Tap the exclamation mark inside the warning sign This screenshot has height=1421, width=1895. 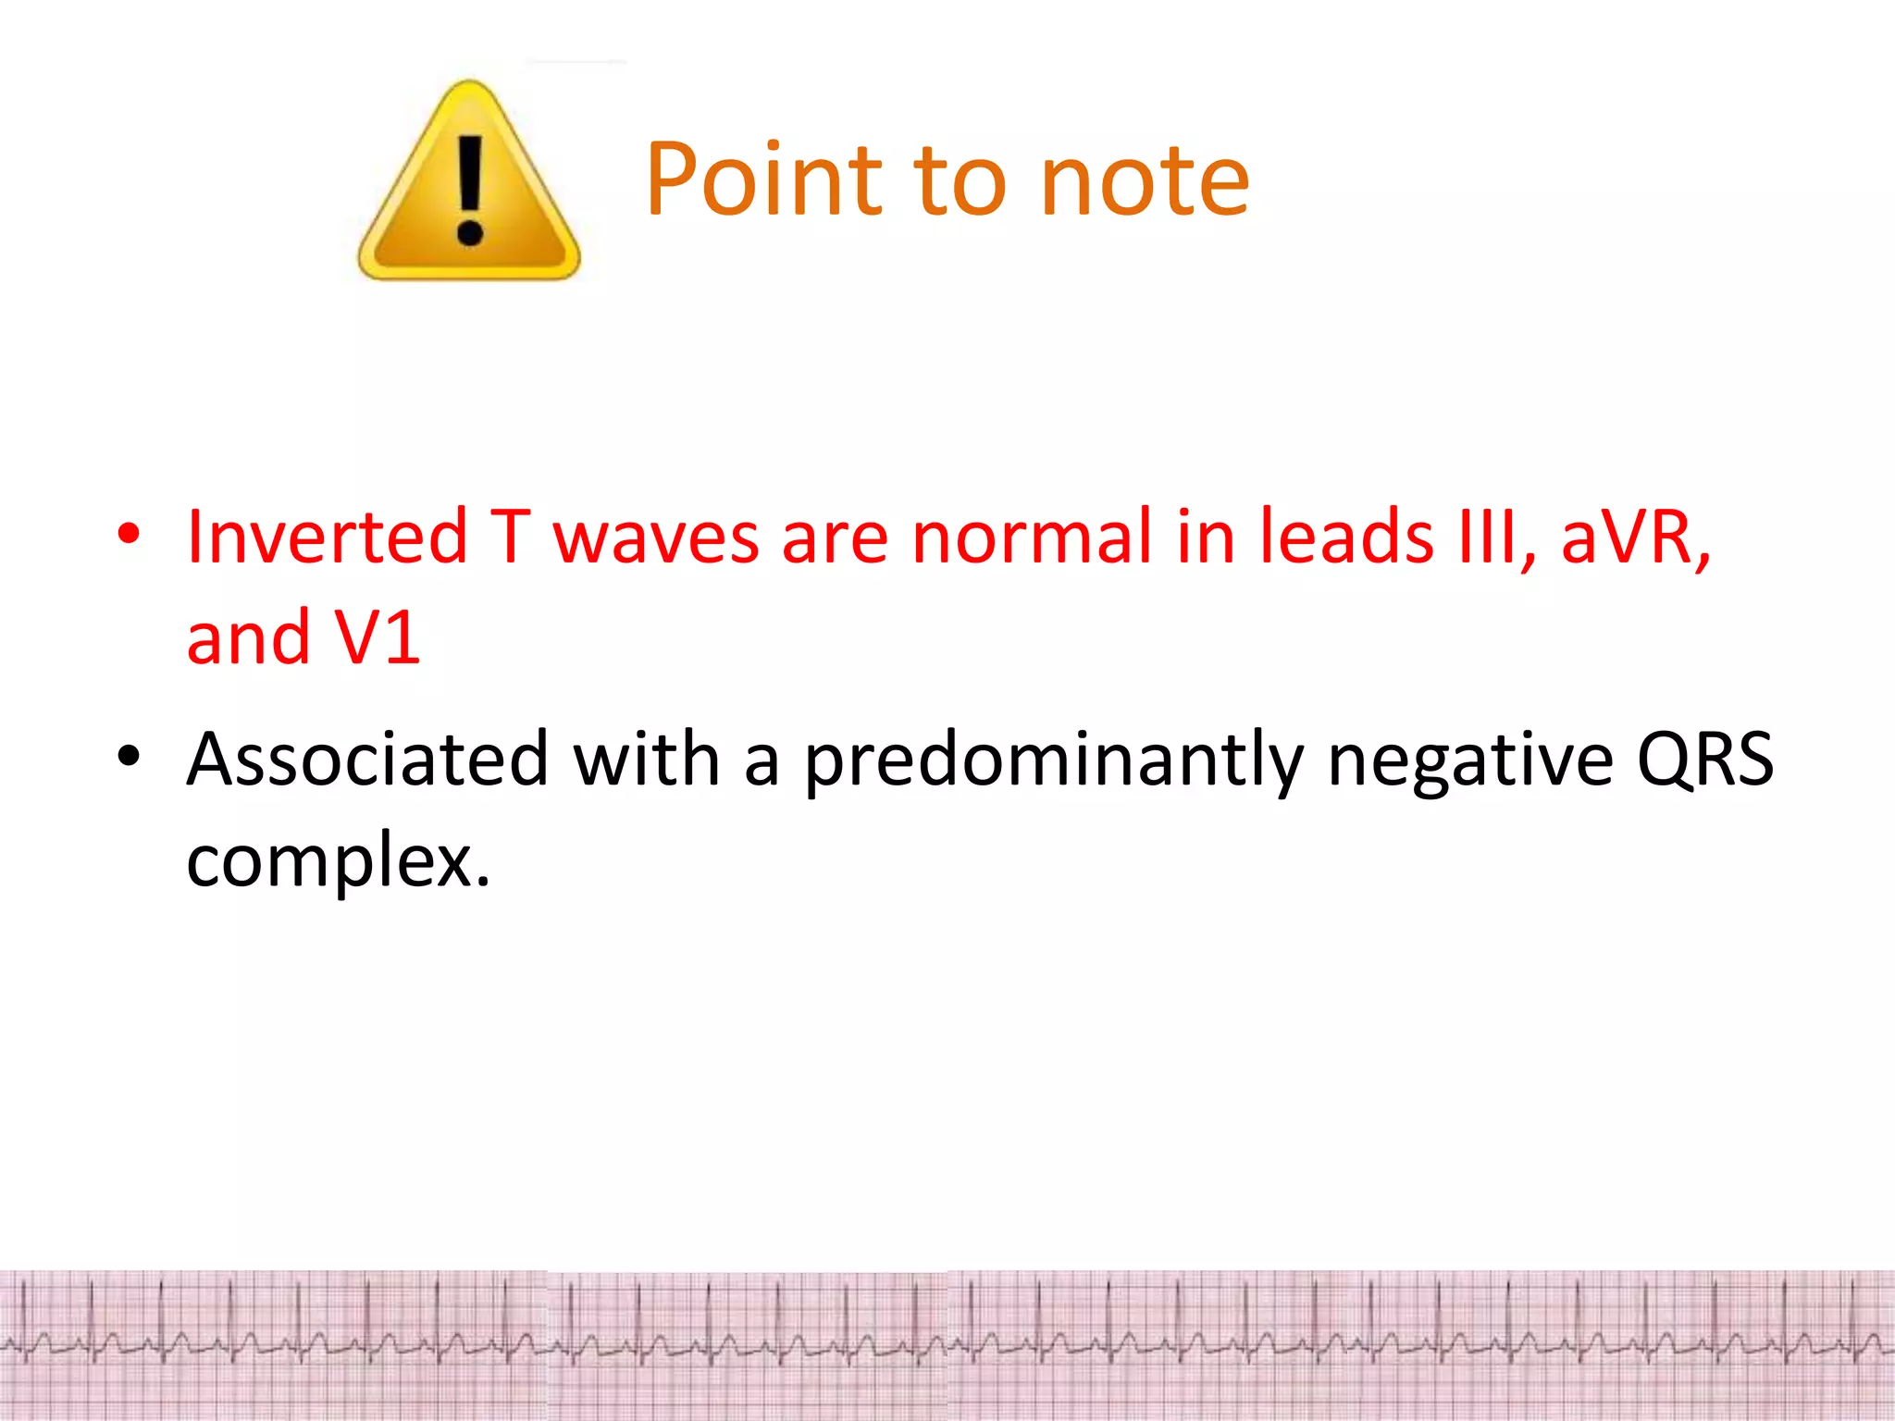(470, 190)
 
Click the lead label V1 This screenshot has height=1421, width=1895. (378, 638)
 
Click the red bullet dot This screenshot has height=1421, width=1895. (129, 534)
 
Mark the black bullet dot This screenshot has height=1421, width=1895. (129, 756)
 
